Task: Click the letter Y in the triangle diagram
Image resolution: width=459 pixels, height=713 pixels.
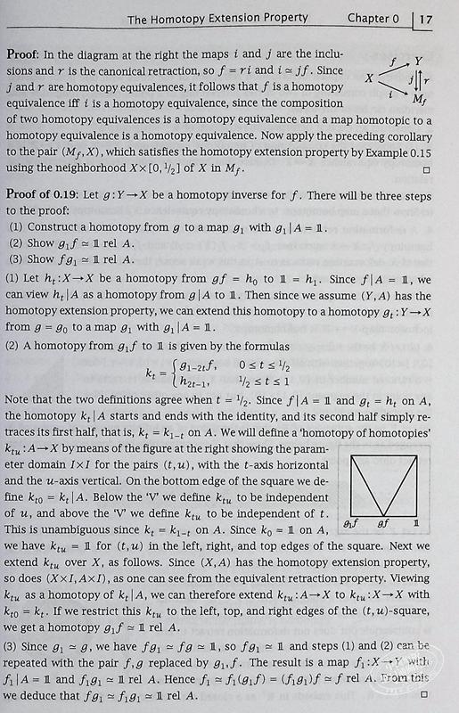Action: tap(418, 60)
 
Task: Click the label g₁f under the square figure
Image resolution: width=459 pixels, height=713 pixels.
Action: tap(351, 526)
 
